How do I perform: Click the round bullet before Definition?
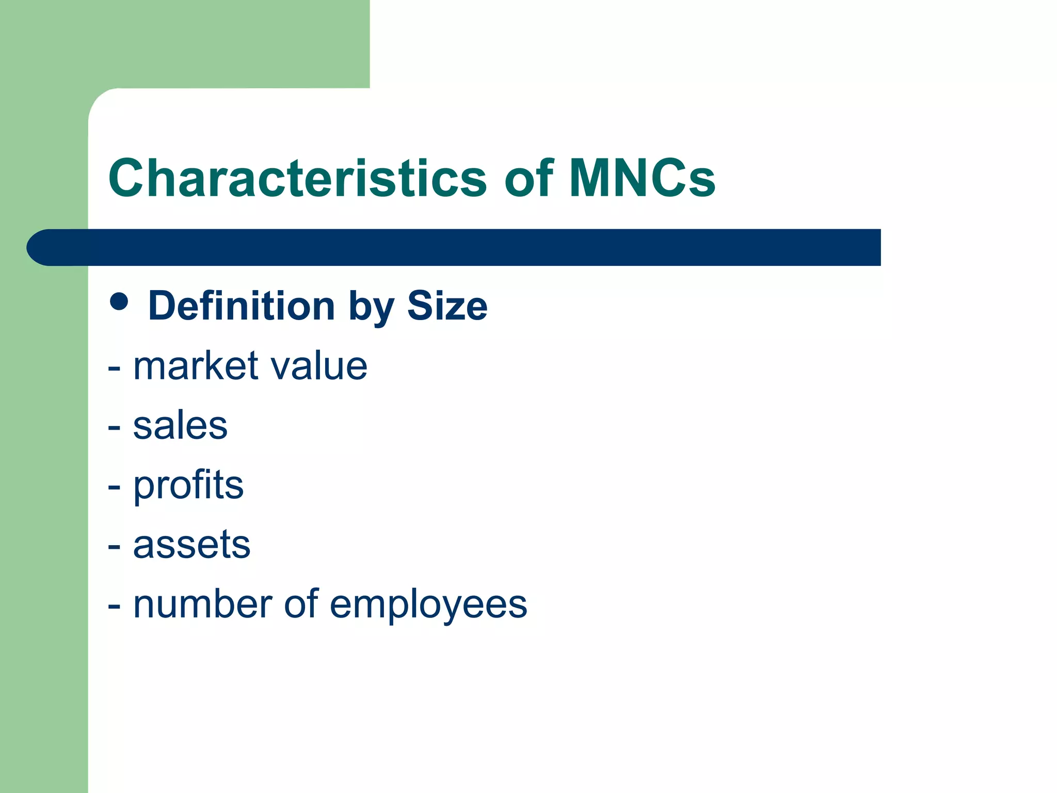119,302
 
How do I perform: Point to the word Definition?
242,306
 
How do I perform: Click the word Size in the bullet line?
447,306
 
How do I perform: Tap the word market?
196,366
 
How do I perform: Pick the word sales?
180,426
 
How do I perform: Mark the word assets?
191,545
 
